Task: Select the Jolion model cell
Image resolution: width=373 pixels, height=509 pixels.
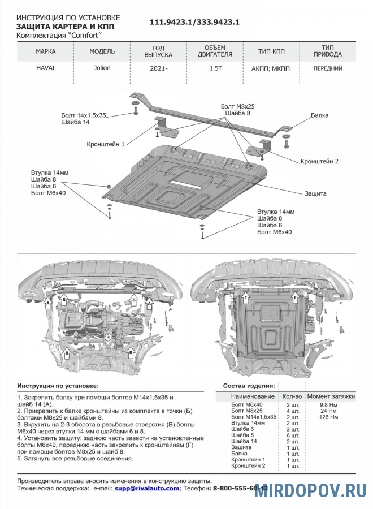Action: [x=102, y=68]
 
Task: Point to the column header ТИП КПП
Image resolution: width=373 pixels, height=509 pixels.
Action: [x=271, y=51]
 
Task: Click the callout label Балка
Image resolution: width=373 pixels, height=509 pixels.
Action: [x=319, y=115]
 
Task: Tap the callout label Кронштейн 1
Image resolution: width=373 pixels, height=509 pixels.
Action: [x=106, y=145]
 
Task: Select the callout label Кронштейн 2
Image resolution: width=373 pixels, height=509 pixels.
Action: [x=320, y=161]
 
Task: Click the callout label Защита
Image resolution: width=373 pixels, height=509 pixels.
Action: [x=316, y=193]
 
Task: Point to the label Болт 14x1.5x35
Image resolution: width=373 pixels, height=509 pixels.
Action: [x=84, y=115]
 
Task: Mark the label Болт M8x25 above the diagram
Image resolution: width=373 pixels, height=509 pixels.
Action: [x=238, y=106]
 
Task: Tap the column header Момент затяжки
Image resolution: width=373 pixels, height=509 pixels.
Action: [x=331, y=396]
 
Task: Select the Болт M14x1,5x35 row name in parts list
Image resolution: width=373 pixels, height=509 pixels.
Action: [x=254, y=417]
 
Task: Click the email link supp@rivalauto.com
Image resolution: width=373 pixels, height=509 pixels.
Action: [x=148, y=488]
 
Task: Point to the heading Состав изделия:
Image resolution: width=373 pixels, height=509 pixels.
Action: [x=249, y=386]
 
